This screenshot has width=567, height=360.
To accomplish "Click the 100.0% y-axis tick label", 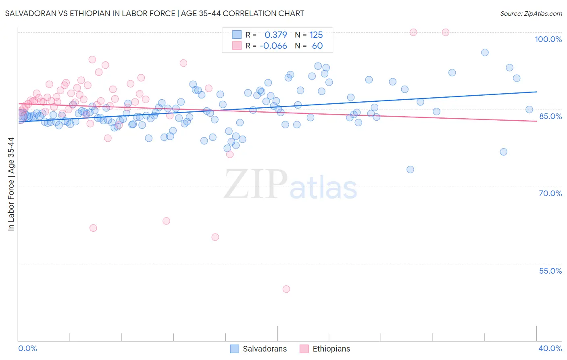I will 548,39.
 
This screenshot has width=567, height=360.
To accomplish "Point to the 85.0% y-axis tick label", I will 550,116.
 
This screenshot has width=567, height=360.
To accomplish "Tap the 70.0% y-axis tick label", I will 550,193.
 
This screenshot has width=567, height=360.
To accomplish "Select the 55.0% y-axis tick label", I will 550,271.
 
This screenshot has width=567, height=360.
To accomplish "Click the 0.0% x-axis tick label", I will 27,348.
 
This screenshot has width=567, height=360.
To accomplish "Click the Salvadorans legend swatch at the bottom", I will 235,349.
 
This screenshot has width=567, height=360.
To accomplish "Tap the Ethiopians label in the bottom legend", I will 331,349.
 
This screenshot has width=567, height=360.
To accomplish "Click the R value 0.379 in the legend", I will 276,35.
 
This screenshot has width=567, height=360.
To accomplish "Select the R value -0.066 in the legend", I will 273,46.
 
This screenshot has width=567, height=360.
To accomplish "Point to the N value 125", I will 316,35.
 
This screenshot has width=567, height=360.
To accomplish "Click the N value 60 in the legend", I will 317,46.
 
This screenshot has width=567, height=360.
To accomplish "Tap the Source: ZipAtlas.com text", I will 531,13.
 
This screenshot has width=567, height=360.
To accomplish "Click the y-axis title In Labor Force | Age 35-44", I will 11,184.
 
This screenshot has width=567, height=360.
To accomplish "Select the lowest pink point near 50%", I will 286,289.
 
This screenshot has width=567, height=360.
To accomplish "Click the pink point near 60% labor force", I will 215,237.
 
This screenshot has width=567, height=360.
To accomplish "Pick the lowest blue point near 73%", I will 410,170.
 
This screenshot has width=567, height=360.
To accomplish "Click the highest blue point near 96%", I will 485,52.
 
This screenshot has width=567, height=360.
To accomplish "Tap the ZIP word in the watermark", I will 256,184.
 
